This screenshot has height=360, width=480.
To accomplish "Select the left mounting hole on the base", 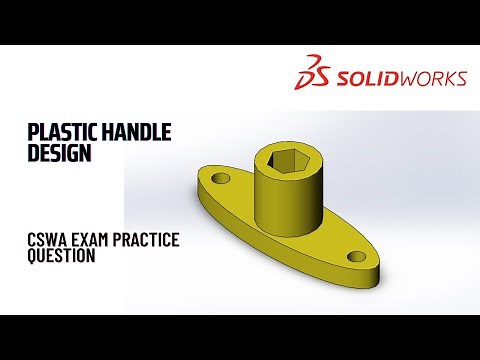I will pyautogui.click(x=220, y=180).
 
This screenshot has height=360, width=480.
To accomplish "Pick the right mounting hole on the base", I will pyautogui.click(x=356, y=257).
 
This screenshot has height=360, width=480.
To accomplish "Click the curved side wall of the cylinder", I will pyautogui.click(x=286, y=200).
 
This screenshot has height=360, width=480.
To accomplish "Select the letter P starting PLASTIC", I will pyautogui.click(x=33, y=132).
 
